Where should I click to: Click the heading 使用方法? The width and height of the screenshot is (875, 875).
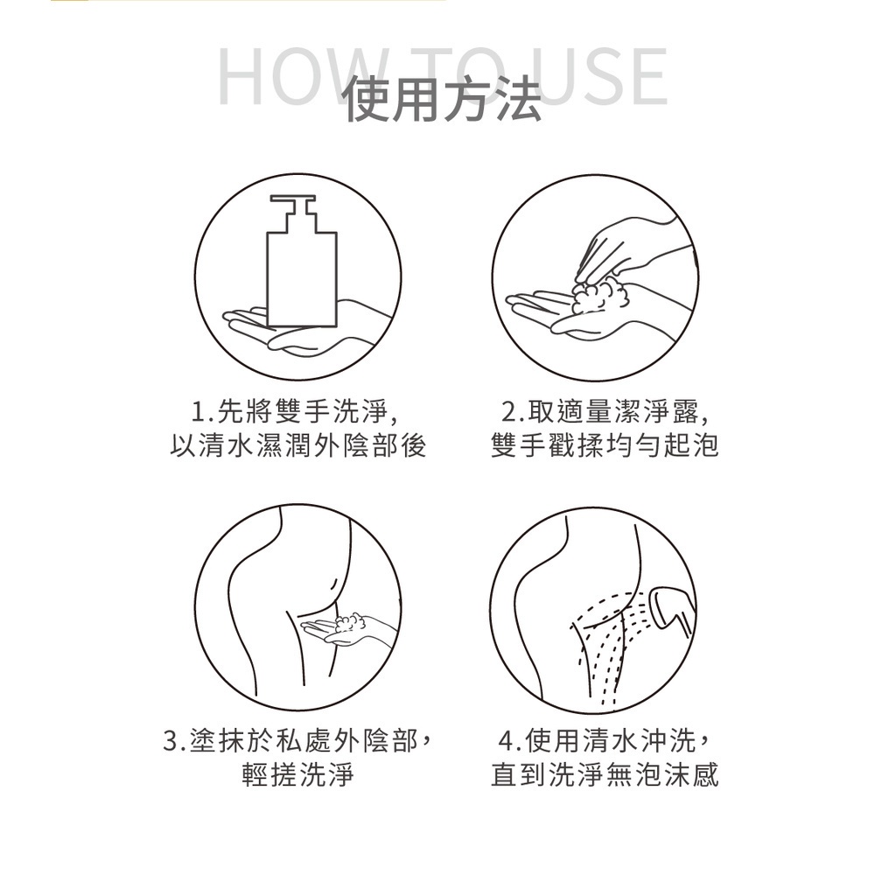point(442,101)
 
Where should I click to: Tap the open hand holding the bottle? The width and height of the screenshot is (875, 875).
point(307,329)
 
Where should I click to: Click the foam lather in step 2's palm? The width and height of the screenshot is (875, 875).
point(600,296)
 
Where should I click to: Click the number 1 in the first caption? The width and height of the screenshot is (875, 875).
point(199,412)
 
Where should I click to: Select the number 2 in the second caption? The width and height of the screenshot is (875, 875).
point(510,412)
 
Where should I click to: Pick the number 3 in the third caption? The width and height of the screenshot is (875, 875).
point(171,742)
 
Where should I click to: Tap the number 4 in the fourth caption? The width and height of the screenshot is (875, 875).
point(506,742)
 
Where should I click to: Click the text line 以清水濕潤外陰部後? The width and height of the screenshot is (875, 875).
point(298,445)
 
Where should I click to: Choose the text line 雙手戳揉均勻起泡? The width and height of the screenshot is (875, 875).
point(605,445)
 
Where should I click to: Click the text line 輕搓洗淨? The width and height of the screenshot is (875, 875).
point(298,774)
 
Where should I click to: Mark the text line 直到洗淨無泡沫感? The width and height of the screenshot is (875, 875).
point(605,774)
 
